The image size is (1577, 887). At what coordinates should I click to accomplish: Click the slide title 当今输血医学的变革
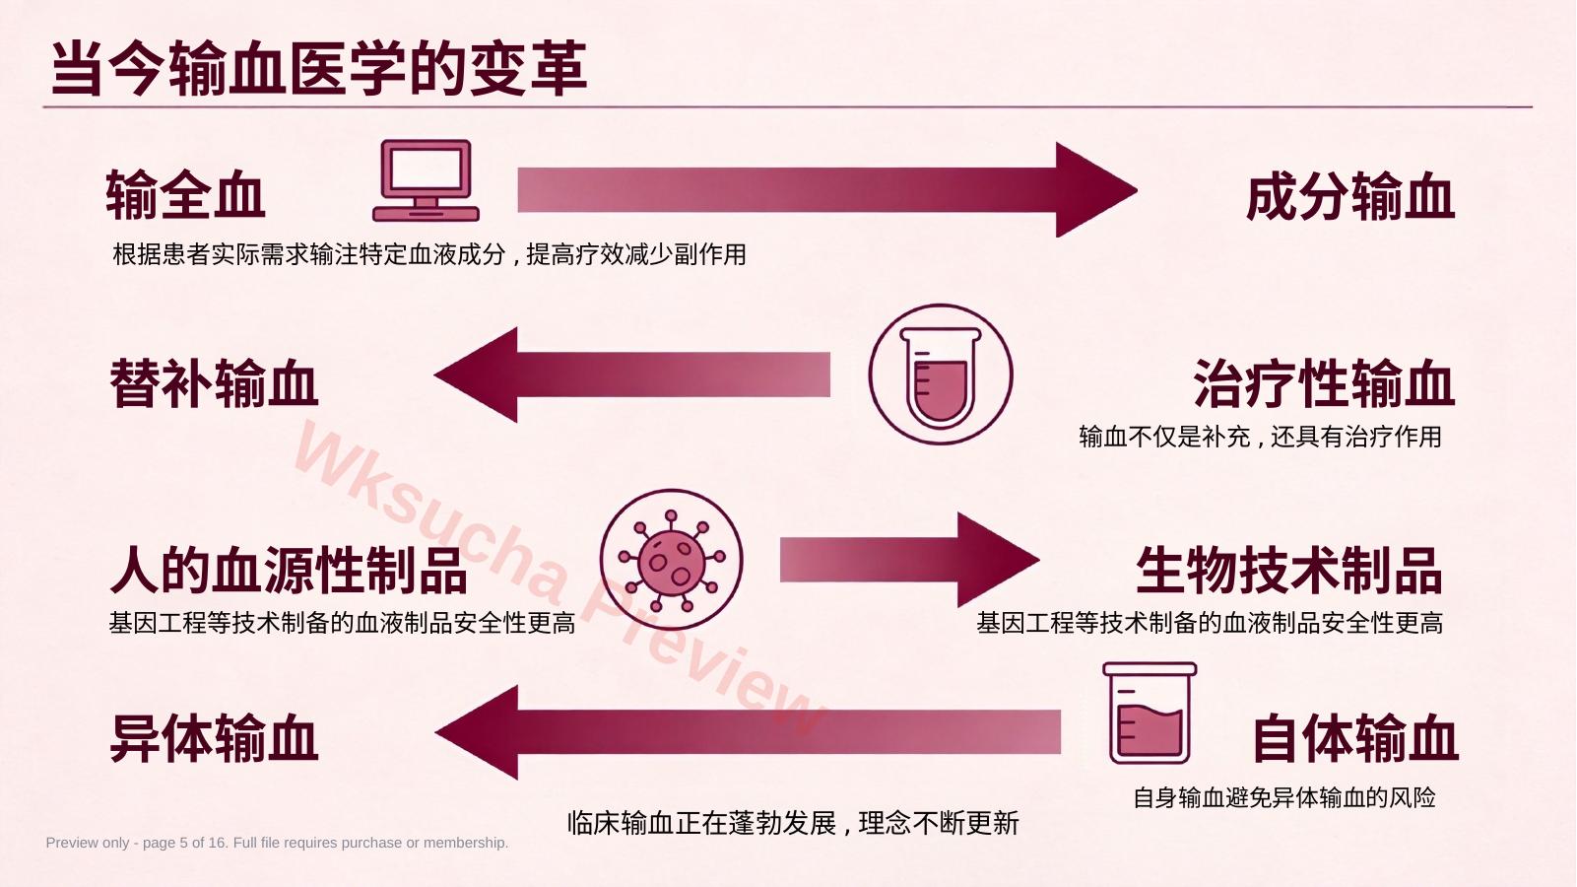click(319, 68)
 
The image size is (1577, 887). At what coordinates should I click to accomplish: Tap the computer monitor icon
click(426, 181)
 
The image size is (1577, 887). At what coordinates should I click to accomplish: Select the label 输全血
click(185, 194)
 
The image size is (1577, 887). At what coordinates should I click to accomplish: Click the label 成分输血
click(1350, 197)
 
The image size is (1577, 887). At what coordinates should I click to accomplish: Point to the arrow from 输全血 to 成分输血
click(827, 189)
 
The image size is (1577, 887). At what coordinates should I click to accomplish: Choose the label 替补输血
click(214, 383)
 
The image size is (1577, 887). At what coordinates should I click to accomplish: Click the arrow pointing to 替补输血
click(631, 375)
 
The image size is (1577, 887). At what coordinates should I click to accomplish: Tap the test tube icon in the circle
click(941, 375)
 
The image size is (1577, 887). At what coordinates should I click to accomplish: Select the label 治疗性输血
click(1324, 383)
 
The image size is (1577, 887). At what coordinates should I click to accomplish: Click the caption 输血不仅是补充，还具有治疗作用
click(1260, 437)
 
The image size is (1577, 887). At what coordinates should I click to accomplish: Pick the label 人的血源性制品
click(289, 570)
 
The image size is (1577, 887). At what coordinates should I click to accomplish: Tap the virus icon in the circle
click(671, 560)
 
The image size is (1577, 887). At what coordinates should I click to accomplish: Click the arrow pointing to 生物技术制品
click(909, 560)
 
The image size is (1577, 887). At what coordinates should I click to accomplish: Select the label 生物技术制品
click(1289, 570)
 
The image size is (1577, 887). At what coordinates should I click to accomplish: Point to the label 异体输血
click(214, 738)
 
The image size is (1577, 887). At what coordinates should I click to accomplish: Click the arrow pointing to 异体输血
click(748, 732)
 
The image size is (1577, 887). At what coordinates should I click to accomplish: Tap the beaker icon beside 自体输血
click(1150, 713)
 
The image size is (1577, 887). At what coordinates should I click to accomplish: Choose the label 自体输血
click(1355, 738)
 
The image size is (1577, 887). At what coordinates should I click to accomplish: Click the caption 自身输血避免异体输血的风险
click(1284, 797)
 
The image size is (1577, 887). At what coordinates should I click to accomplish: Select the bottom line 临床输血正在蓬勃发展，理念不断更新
click(794, 823)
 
